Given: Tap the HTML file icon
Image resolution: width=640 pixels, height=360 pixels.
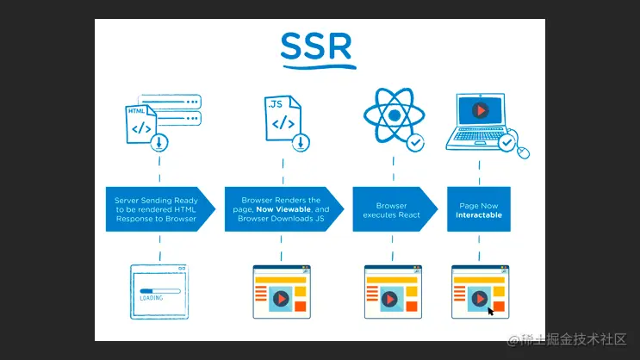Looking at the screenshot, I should pyautogui.click(x=140, y=123).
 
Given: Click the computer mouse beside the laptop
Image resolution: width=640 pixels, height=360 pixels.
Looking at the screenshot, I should pyautogui.click(x=522, y=152).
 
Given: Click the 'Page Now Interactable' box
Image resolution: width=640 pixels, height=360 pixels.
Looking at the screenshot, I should pyautogui.click(x=478, y=209).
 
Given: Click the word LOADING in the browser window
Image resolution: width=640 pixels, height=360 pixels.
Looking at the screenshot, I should pyautogui.click(x=152, y=299).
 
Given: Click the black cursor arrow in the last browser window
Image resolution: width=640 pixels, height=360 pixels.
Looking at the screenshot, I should pyautogui.click(x=491, y=310).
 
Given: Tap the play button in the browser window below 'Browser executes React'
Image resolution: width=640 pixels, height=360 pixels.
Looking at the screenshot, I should pyautogui.click(x=388, y=299).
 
